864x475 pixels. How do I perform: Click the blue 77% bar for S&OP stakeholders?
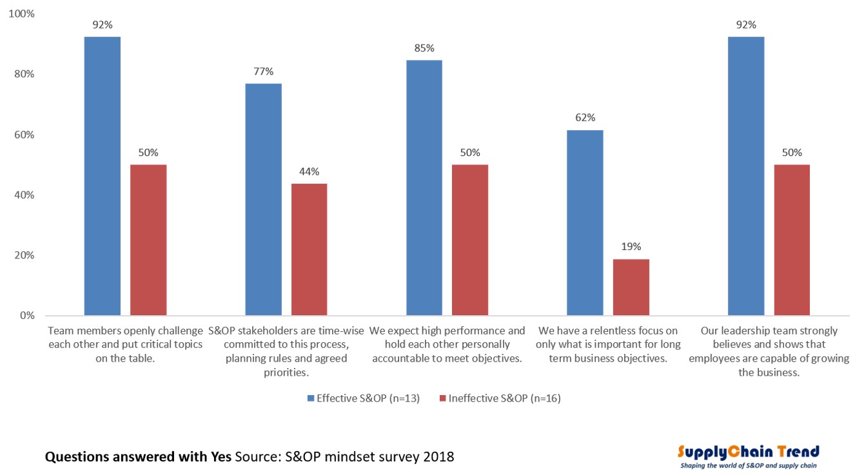[x=263, y=200]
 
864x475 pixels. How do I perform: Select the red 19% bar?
[x=631, y=287]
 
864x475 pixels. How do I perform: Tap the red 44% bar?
[x=309, y=250]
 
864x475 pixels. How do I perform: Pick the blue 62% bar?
[x=585, y=223]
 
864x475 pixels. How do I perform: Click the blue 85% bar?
[x=424, y=188]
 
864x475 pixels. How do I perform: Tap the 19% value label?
[x=631, y=247]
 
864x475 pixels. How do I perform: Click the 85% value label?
[x=424, y=48]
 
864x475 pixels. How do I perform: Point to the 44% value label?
[x=309, y=171]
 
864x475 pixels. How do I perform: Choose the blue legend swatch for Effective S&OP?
[x=311, y=398]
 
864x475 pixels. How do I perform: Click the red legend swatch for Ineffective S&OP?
[x=443, y=398]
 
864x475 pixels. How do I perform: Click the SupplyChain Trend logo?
[x=749, y=451]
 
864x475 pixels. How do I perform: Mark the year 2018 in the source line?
[x=437, y=457]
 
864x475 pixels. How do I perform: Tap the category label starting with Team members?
[x=126, y=344]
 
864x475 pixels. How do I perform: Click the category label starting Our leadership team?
[x=769, y=351]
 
